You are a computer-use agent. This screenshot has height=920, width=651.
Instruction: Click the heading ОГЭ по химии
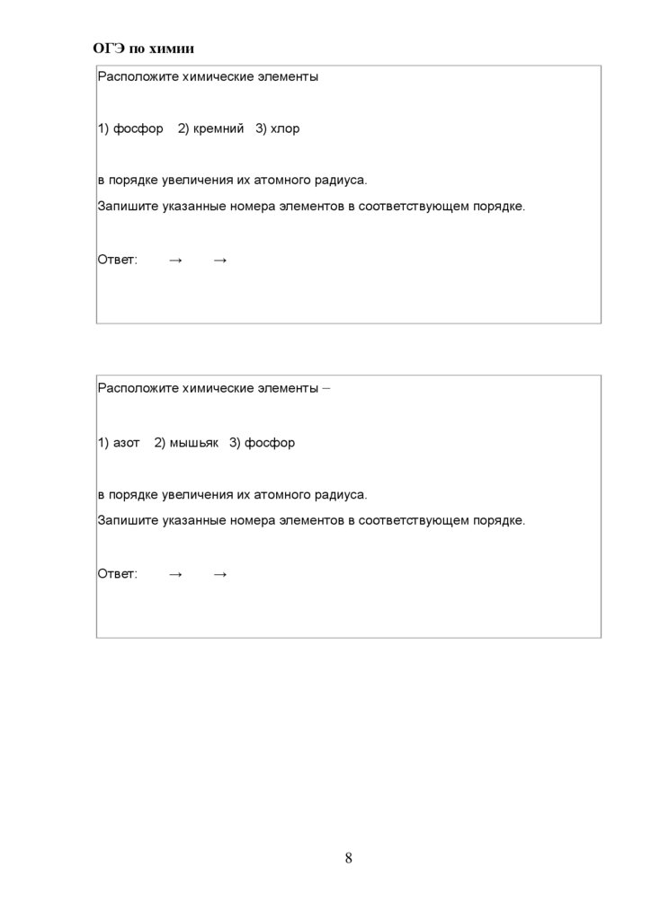144,49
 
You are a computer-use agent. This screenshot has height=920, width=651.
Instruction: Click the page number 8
348,857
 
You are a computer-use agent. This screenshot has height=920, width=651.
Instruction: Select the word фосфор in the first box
138,128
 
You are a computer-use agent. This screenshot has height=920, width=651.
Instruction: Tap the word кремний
218,128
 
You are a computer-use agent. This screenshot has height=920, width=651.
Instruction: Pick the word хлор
285,128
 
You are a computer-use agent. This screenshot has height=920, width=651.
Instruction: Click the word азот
127,443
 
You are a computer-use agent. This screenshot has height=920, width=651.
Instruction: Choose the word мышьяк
193,443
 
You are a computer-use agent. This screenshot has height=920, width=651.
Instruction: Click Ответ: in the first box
118,260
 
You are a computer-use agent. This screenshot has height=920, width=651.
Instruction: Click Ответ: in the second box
118,573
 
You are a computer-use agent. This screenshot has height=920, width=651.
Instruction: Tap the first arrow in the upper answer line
175,260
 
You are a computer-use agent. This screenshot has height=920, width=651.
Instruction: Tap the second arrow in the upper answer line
220,260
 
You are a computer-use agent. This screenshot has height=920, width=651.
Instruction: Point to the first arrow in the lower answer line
175,573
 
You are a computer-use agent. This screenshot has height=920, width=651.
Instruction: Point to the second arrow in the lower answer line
220,573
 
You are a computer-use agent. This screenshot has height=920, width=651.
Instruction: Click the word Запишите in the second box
128,520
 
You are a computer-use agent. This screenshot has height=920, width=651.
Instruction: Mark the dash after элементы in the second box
325,389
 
